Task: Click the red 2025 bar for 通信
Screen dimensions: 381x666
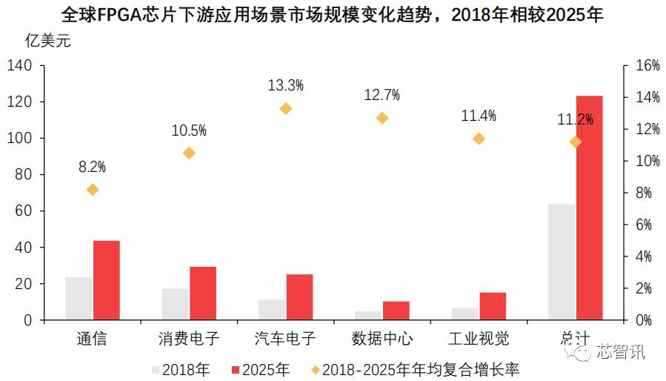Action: tap(107, 280)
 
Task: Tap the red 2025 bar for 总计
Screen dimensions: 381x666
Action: tap(589, 208)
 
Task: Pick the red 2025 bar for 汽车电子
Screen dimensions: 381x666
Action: tap(299, 297)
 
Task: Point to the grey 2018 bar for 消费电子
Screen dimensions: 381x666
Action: tap(175, 304)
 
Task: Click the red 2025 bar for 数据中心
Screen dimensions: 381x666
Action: tap(396, 311)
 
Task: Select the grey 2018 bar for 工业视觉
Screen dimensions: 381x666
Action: tap(464, 314)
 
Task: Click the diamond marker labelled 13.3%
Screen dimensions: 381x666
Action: tap(285, 108)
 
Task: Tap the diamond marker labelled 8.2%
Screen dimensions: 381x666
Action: tap(93, 190)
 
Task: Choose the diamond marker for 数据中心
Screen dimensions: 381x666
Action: tap(382, 118)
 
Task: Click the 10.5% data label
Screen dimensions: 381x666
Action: tap(189, 131)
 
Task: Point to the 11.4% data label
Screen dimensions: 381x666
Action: tap(479, 116)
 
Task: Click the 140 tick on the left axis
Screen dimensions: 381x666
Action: tap(19, 65)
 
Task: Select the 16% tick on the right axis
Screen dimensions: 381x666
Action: tap(642, 65)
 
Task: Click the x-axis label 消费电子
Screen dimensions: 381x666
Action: tap(189, 339)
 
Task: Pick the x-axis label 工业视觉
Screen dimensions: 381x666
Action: tap(479, 339)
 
